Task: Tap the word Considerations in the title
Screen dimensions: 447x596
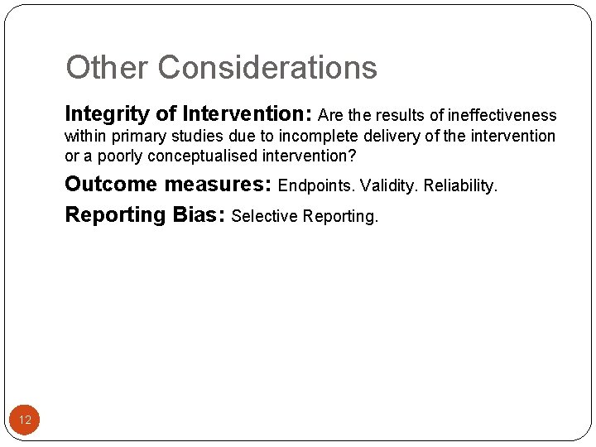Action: [x=267, y=68]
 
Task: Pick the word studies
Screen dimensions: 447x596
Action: [x=205, y=136]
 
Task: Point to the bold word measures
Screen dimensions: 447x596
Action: [x=219, y=184]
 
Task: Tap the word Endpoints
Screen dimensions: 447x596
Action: [x=317, y=185]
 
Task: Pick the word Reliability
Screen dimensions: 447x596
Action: [x=461, y=185]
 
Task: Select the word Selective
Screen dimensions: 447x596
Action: [x=265, y=217]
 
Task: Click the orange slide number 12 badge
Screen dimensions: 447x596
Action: [x=25, y=420]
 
